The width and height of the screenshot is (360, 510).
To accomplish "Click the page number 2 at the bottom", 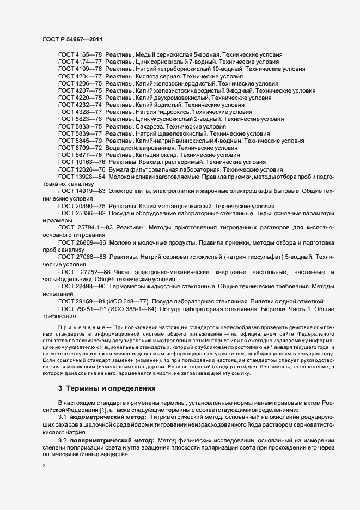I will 44,467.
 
